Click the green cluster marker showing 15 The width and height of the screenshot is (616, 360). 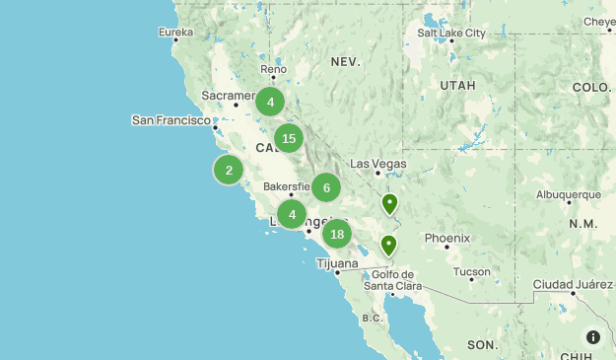289,138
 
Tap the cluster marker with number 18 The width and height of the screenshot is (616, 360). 337,234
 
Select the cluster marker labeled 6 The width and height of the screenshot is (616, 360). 326,187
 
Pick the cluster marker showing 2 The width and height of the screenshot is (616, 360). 229,171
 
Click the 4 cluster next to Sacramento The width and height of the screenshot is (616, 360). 270,102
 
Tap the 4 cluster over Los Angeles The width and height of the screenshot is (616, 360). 292,214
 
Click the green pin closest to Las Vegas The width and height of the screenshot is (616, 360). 389,204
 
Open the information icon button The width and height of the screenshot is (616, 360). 593,337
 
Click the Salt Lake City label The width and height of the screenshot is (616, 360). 451,33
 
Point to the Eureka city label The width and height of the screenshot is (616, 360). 176,33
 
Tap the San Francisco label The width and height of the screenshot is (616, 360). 171,120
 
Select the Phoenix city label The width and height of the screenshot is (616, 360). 446,238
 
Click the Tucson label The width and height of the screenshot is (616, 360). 472,271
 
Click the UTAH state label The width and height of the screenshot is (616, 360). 457,86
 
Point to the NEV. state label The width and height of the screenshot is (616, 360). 346,61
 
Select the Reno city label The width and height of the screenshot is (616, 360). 273,70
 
